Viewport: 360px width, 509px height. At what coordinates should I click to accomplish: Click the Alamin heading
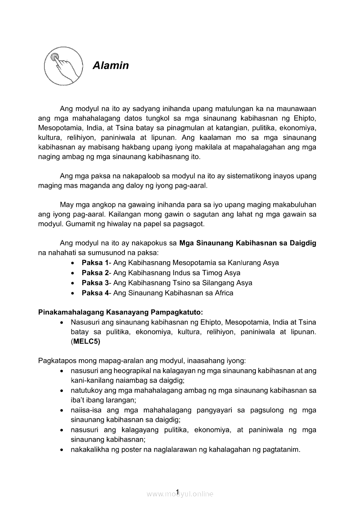click(111, 66)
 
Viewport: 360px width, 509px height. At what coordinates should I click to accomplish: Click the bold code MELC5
click(86, 342)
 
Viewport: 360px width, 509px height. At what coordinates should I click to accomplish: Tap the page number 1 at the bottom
click(178, 492)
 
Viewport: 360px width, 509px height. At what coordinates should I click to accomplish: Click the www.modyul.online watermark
click(180, 494)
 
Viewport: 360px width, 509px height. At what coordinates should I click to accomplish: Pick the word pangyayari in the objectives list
click(210, 410)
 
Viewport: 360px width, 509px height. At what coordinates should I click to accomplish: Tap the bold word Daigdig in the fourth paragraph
click(302, 243)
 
